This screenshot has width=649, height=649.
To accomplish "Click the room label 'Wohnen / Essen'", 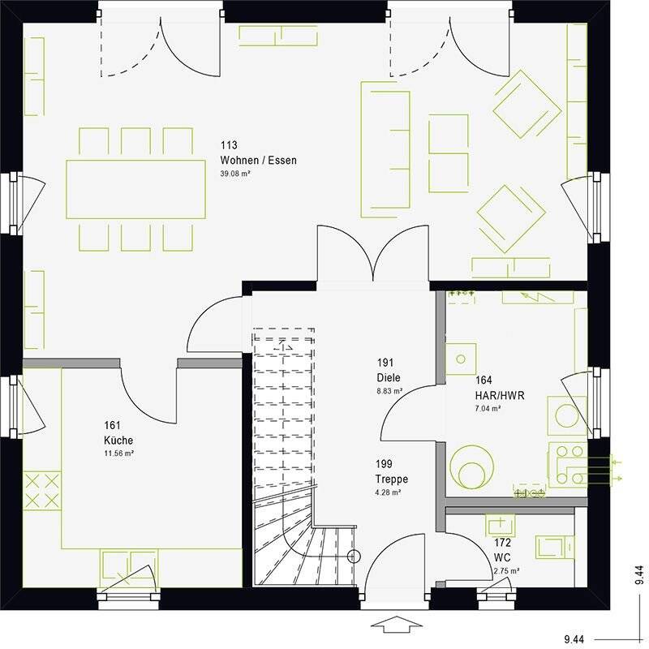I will [258, 161].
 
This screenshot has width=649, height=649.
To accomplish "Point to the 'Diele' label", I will [388, 377].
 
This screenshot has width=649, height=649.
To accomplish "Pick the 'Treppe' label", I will [391, 479].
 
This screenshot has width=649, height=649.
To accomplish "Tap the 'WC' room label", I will [502, 558].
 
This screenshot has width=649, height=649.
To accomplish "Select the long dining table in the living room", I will [135, 188].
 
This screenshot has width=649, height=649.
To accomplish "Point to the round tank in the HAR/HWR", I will [471, 467].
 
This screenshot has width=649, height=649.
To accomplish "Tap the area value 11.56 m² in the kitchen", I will [119, 453].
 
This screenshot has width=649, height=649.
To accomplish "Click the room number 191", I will [385, 363].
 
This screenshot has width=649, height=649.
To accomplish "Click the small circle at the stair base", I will [353, 557].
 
